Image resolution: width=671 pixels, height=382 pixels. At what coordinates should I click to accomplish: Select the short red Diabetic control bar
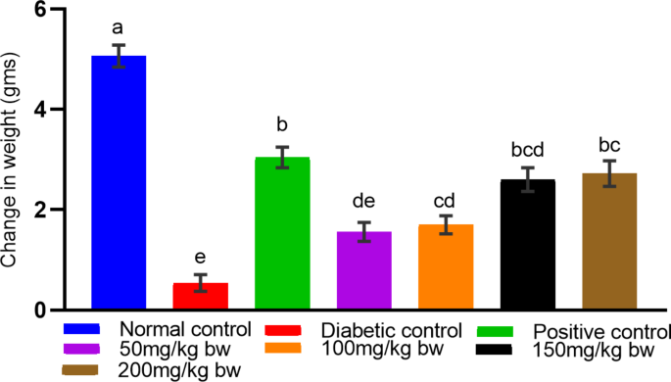coord(201,296)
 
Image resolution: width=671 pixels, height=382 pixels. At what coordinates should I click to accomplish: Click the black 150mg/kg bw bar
coord(528,245)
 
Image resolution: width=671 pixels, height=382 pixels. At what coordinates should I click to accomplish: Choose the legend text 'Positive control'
coord(600,330)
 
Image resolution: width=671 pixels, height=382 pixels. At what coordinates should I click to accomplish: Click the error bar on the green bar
coord(282,157)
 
